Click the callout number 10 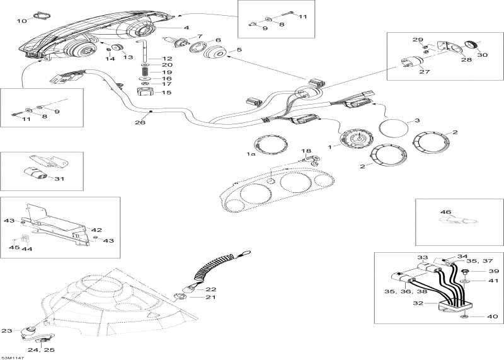pos(21,21)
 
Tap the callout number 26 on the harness pos(140,122)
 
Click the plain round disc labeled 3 pos(394,129)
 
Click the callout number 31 pos(60,178)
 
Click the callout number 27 pos(424,71)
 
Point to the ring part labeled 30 pos(469,44)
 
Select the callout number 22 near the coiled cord pos(210,289)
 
